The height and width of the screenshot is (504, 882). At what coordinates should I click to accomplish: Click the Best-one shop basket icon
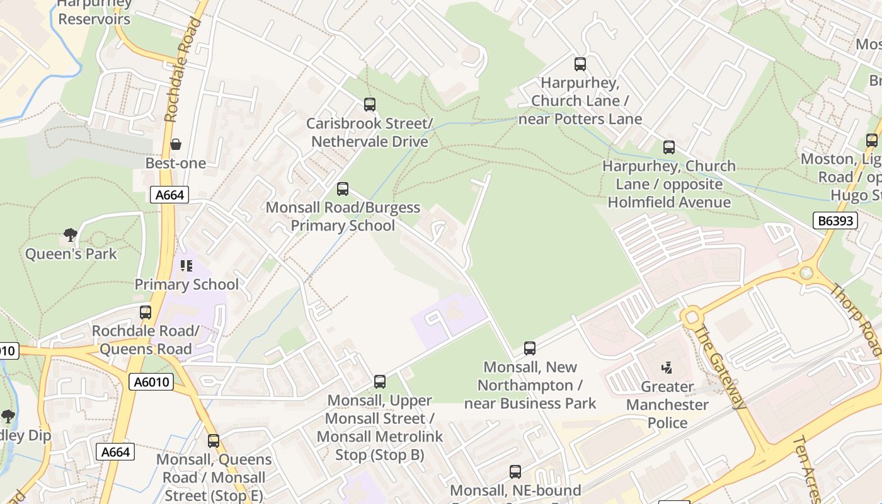coord(176,144)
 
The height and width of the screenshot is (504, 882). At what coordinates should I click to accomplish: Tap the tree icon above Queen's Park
coord(71,235)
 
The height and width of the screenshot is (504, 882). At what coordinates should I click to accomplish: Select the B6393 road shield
coord(835,220)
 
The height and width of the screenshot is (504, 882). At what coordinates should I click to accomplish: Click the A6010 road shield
coord(151,381)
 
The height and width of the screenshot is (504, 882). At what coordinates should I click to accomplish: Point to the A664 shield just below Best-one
coord(169,195)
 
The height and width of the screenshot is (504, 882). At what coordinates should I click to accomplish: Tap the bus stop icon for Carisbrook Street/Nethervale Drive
coord(370,105)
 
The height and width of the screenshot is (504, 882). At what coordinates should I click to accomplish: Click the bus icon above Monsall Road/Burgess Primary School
coord(343,188)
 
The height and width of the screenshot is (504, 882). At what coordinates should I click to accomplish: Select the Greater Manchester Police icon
coord(667,367)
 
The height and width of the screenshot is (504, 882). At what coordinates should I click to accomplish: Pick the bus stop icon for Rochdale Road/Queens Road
coord(146,312)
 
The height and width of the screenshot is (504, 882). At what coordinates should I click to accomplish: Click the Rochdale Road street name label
coord(182,69)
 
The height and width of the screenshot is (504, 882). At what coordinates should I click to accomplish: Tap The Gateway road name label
coord(720,367)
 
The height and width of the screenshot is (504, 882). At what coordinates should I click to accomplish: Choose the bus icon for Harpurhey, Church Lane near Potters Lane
coord(580,64)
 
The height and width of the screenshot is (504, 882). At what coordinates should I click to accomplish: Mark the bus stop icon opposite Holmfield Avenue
coord(669,147)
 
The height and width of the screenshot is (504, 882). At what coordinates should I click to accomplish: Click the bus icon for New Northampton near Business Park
coord(530,348)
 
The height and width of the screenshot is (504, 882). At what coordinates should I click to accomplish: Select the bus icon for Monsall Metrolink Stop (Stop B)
coord(379,381)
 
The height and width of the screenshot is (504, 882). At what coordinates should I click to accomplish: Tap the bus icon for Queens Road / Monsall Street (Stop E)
coord(214,440)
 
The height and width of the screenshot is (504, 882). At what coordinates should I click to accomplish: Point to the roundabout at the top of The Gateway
coord(692,316)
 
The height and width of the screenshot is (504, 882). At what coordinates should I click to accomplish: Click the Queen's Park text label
coord(71,254)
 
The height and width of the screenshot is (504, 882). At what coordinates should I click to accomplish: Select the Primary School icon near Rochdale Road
coord(186,266)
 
